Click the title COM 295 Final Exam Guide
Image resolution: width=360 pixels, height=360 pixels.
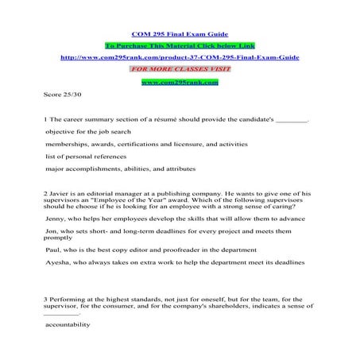coord(180,35)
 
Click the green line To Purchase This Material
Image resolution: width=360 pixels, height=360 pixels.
coord(180,46)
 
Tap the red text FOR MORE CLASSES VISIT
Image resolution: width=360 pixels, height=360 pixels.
coord(180,69)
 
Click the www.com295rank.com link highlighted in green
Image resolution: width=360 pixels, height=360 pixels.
coord(180,81)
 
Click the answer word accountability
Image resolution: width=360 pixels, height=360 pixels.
coord(69,324)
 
